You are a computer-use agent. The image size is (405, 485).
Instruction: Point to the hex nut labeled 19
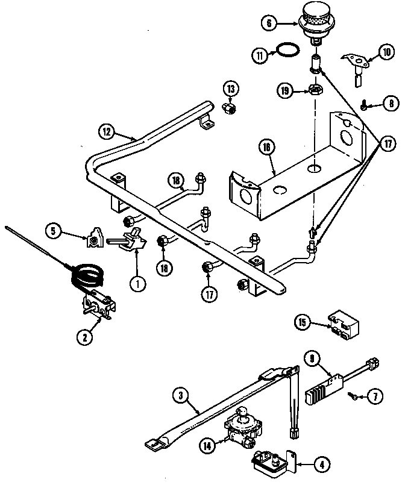(x=315, y=90)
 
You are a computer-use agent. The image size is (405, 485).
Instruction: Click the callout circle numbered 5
(x=54, y=230)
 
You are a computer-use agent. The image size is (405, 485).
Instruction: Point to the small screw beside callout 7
(x=354, y=395)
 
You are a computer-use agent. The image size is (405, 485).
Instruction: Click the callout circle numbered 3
(x=179, y=396)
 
